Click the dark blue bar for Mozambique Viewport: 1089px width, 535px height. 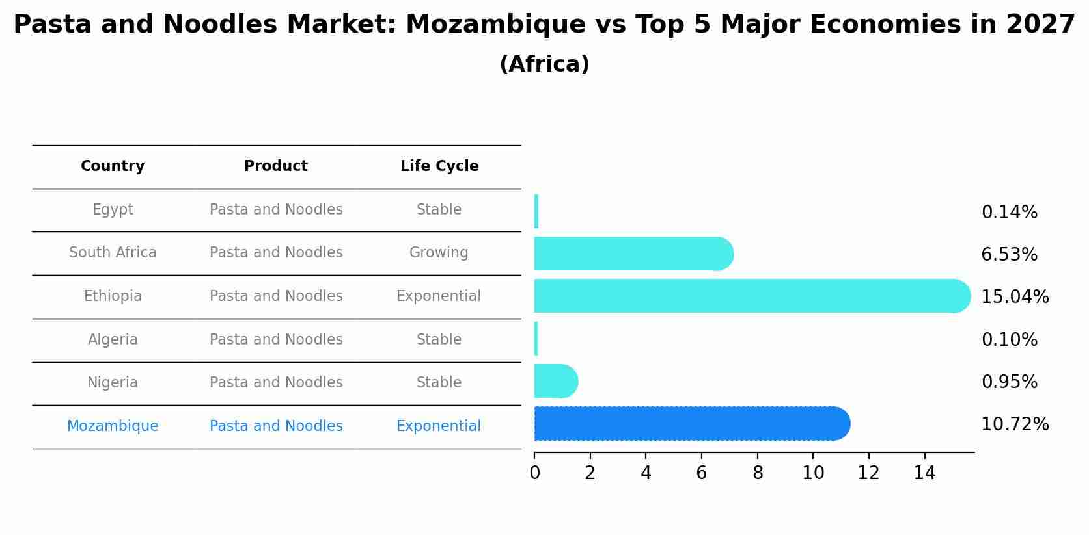(690, 424)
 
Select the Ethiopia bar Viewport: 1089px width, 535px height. (749, 296)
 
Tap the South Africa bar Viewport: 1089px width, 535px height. (631, 254)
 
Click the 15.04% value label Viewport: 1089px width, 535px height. (1014, 297)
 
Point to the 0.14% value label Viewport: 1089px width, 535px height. (1009, 213)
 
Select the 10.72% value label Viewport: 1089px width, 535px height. (1014, 424)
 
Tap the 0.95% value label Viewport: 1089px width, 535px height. (1009, 382)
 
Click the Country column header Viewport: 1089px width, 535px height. (113, 166)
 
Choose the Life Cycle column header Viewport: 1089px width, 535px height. (439, 166)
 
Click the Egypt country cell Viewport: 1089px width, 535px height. (113, 210)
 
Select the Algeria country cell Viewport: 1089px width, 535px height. (113, 339)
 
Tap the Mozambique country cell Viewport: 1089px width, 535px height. (113, 426)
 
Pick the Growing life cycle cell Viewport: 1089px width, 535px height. (439, 253)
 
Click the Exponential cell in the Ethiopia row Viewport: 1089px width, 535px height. (439, 296)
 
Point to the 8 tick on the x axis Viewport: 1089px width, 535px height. (758, 473)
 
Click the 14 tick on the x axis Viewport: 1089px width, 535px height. (924, 473)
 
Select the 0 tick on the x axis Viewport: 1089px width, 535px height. (534, 473)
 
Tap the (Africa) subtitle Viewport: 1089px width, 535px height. (544, 64)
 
